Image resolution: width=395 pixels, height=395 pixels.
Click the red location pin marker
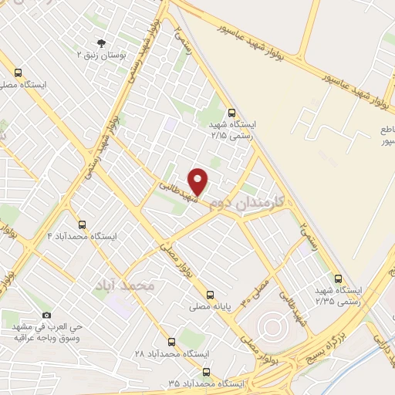click(199, 181)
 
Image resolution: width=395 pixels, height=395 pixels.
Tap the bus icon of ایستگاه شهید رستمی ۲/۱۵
click(232, 111)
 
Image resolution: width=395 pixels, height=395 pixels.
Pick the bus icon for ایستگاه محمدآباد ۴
click(83, 224)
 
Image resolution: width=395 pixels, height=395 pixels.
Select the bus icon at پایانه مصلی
click(210, 295)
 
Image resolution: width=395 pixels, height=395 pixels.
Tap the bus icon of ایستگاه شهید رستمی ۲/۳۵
click(338, 279)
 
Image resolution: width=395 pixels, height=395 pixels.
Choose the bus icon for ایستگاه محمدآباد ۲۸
click(172, 341)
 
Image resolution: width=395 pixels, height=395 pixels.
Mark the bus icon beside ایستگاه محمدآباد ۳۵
click(204, 371)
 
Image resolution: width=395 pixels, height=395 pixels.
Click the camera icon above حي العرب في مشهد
click(46, 315)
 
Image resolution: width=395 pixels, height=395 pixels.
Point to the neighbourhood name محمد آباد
click(125, 285)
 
